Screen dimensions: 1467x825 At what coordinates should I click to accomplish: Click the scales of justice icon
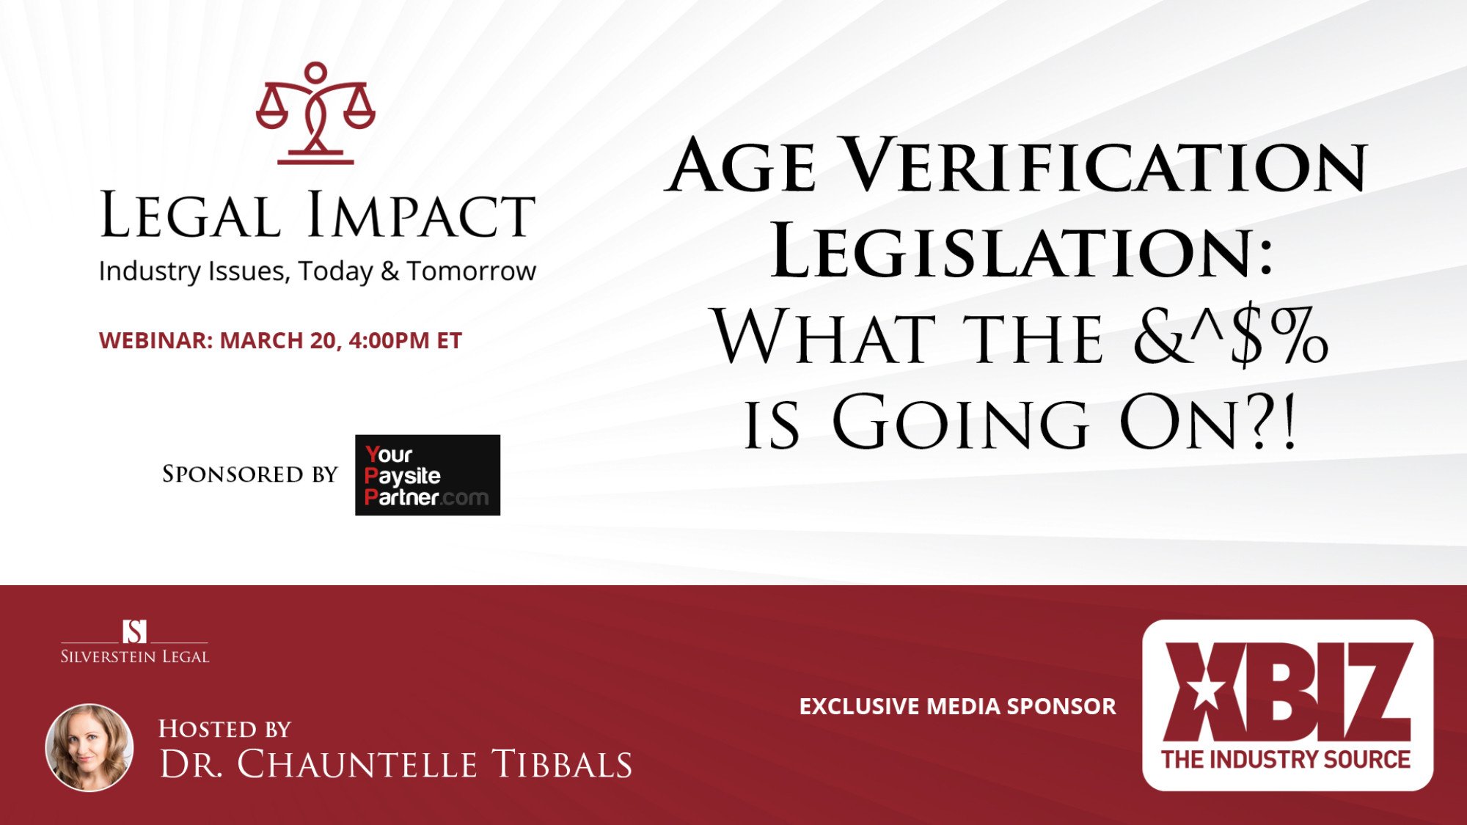click(315, 113)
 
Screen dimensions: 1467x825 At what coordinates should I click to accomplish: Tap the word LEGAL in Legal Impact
click(190, 215)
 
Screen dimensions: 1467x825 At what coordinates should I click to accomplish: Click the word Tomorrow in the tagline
click(472, 271)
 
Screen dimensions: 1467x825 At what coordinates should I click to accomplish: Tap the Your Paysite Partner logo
click(428, 475)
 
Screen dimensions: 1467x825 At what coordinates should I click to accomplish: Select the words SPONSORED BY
click(249, 474)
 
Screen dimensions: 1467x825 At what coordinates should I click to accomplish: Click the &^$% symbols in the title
click(1230, 337)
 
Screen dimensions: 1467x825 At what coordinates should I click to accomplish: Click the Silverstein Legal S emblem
click(134, 631)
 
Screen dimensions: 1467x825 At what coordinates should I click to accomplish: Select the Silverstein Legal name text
click(135, 656)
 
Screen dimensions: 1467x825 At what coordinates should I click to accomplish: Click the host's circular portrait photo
click(89, 747)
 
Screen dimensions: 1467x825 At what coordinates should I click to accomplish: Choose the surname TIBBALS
click(562, 764)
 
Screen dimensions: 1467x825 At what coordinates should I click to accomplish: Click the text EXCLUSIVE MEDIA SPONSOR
click(957, 706)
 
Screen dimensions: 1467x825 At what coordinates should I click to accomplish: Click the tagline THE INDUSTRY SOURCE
click(1286, 760)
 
